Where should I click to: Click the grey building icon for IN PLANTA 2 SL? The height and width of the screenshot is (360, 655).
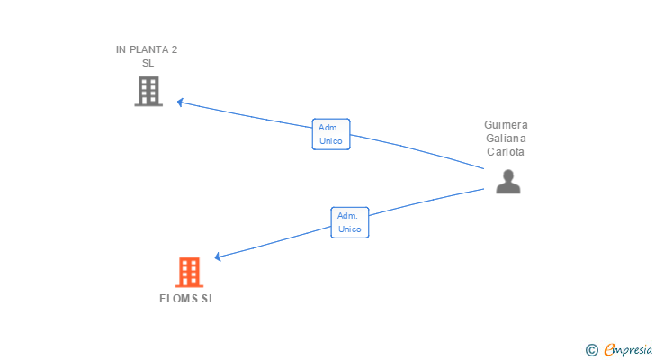pyautogui.click(x=148, y=91)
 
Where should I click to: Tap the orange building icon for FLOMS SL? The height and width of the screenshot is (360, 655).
pyautogui.click(x=189, y=273)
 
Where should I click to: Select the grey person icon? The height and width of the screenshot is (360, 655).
pyautogui.click(x=508, y=182)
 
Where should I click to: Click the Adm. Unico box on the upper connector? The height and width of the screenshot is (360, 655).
pyautogui.click(x=331, y=134)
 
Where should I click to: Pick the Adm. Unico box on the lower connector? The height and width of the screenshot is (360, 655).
pyautogui.click(x=350, y=222)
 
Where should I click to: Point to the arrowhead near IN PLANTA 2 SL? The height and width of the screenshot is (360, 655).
pyautogui.click(x=180, y=103)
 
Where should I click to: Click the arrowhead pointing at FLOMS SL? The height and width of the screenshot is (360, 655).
pyautogui.click(x=218, y=256)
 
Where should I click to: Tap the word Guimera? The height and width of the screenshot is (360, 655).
pyautogui.click(x=506, y=125)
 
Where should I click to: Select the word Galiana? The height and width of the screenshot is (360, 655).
pyautogui.click(x=506, y=139)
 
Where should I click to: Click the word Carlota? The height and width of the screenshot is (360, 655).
pyautogui.click(x=506, y=151)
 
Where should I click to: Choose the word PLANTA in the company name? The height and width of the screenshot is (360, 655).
pyautogui.click(x=148, y=49)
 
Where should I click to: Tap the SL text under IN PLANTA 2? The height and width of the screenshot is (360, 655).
pyautogui.click(x=148, y=63)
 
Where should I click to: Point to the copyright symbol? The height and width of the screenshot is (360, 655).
pyautogui.click(x=591, y=350)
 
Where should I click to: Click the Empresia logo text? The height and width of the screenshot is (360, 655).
pyautogui.click(x=627, y=349)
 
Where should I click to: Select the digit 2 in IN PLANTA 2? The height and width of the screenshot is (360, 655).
pyautogui.click(x=175, y=49)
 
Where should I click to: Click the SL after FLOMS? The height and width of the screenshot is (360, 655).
pyautogui.click(x=208, y=299)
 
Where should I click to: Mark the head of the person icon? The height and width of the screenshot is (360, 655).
pyautogui.click(x=508, y=175)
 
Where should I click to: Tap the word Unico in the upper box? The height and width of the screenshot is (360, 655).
pyautogui.click(x=331, y=141)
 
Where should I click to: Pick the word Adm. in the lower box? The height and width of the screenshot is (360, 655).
pyautogui.click(x=347, y=216)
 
